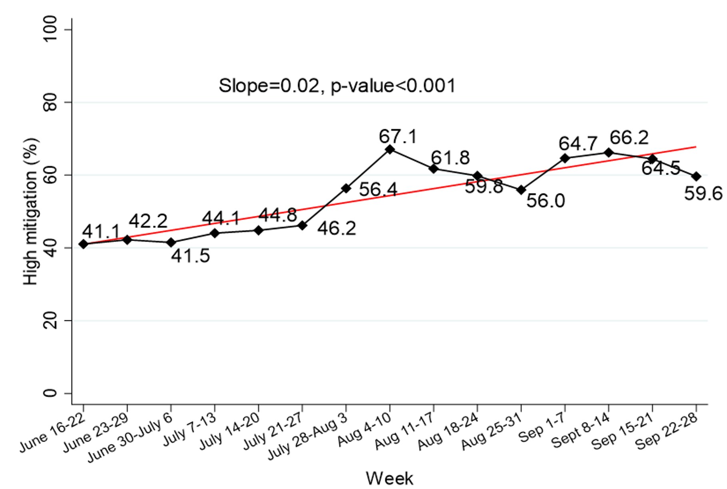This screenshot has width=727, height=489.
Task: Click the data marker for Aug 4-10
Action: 390,150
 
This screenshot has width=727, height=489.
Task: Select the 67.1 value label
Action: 398,137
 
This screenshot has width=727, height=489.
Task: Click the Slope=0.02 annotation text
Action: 337,86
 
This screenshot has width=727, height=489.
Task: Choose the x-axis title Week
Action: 389,478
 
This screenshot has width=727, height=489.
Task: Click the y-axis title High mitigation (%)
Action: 31,212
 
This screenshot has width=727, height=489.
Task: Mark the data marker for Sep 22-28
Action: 696,176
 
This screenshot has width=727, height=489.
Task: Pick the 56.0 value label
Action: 546,201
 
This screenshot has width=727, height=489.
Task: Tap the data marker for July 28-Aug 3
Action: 346,188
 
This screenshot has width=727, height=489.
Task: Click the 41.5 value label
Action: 191,256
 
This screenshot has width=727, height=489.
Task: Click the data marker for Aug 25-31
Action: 521,190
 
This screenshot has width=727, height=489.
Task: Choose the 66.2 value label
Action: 629,138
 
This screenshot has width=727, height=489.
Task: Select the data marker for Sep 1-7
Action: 565,158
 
